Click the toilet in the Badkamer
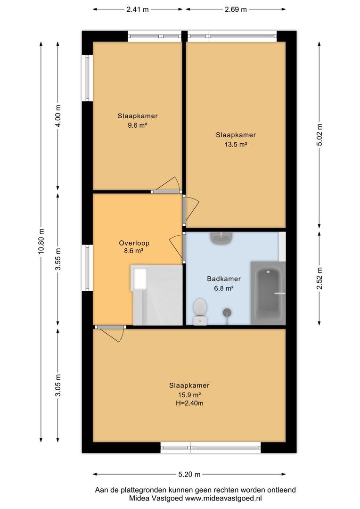[x=200, y=312]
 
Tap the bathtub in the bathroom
[x=268, y=293]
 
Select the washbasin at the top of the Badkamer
[x=221, y=238]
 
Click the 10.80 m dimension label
[x=41, y=241]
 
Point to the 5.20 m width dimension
[x=189, y=474]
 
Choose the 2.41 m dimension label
[x=138, y=9]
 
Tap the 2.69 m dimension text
[x=236, y=9]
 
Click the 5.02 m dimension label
[x=319, y=135]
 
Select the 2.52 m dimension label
[x=319, y=278]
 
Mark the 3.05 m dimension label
[x=58, y=385]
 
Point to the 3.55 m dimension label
[x=58, y=259]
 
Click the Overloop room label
[x=134, y=243]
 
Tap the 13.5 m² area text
[x=236, y=145]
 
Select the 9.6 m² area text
[x=138, y=125]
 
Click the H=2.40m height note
[x=189, y=403]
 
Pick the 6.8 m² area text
[x=224, y=288]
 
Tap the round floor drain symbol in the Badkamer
[x=227, y=312]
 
